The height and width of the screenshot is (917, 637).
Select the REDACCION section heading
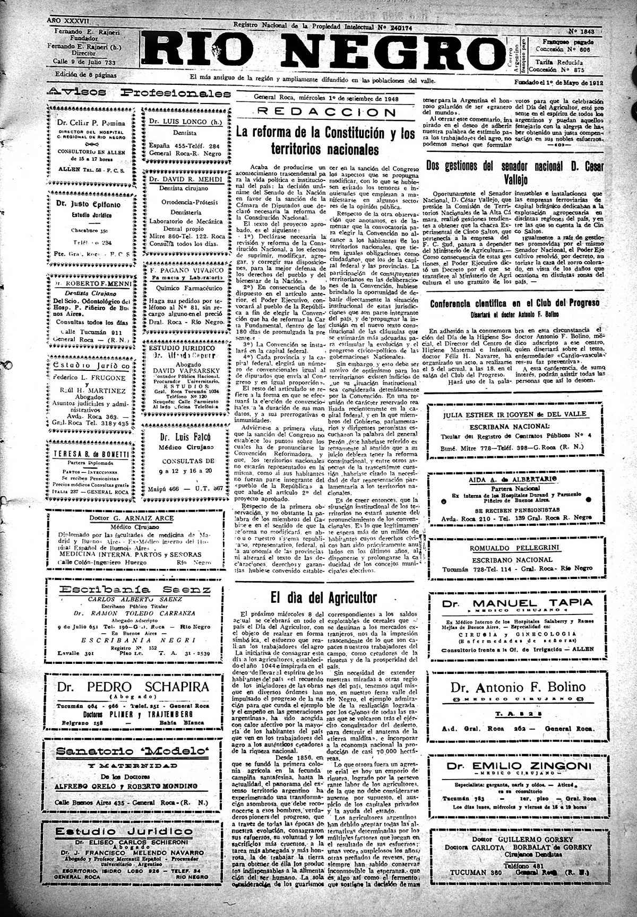click(x=325, y=113)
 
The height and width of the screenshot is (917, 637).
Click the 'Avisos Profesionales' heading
click(x=139, y=92)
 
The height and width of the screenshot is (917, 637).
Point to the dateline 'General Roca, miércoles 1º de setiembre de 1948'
click(x=325, y=98)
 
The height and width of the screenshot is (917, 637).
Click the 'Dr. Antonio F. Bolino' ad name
click(x=518, y=688)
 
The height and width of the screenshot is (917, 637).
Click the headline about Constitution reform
click(x=325, y=141)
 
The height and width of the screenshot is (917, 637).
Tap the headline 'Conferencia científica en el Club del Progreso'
click(x=514, y=303)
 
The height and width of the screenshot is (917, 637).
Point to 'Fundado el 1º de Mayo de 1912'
click(x=558, y=83)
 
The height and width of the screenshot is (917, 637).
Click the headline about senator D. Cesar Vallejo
click(x=514, y=171)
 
